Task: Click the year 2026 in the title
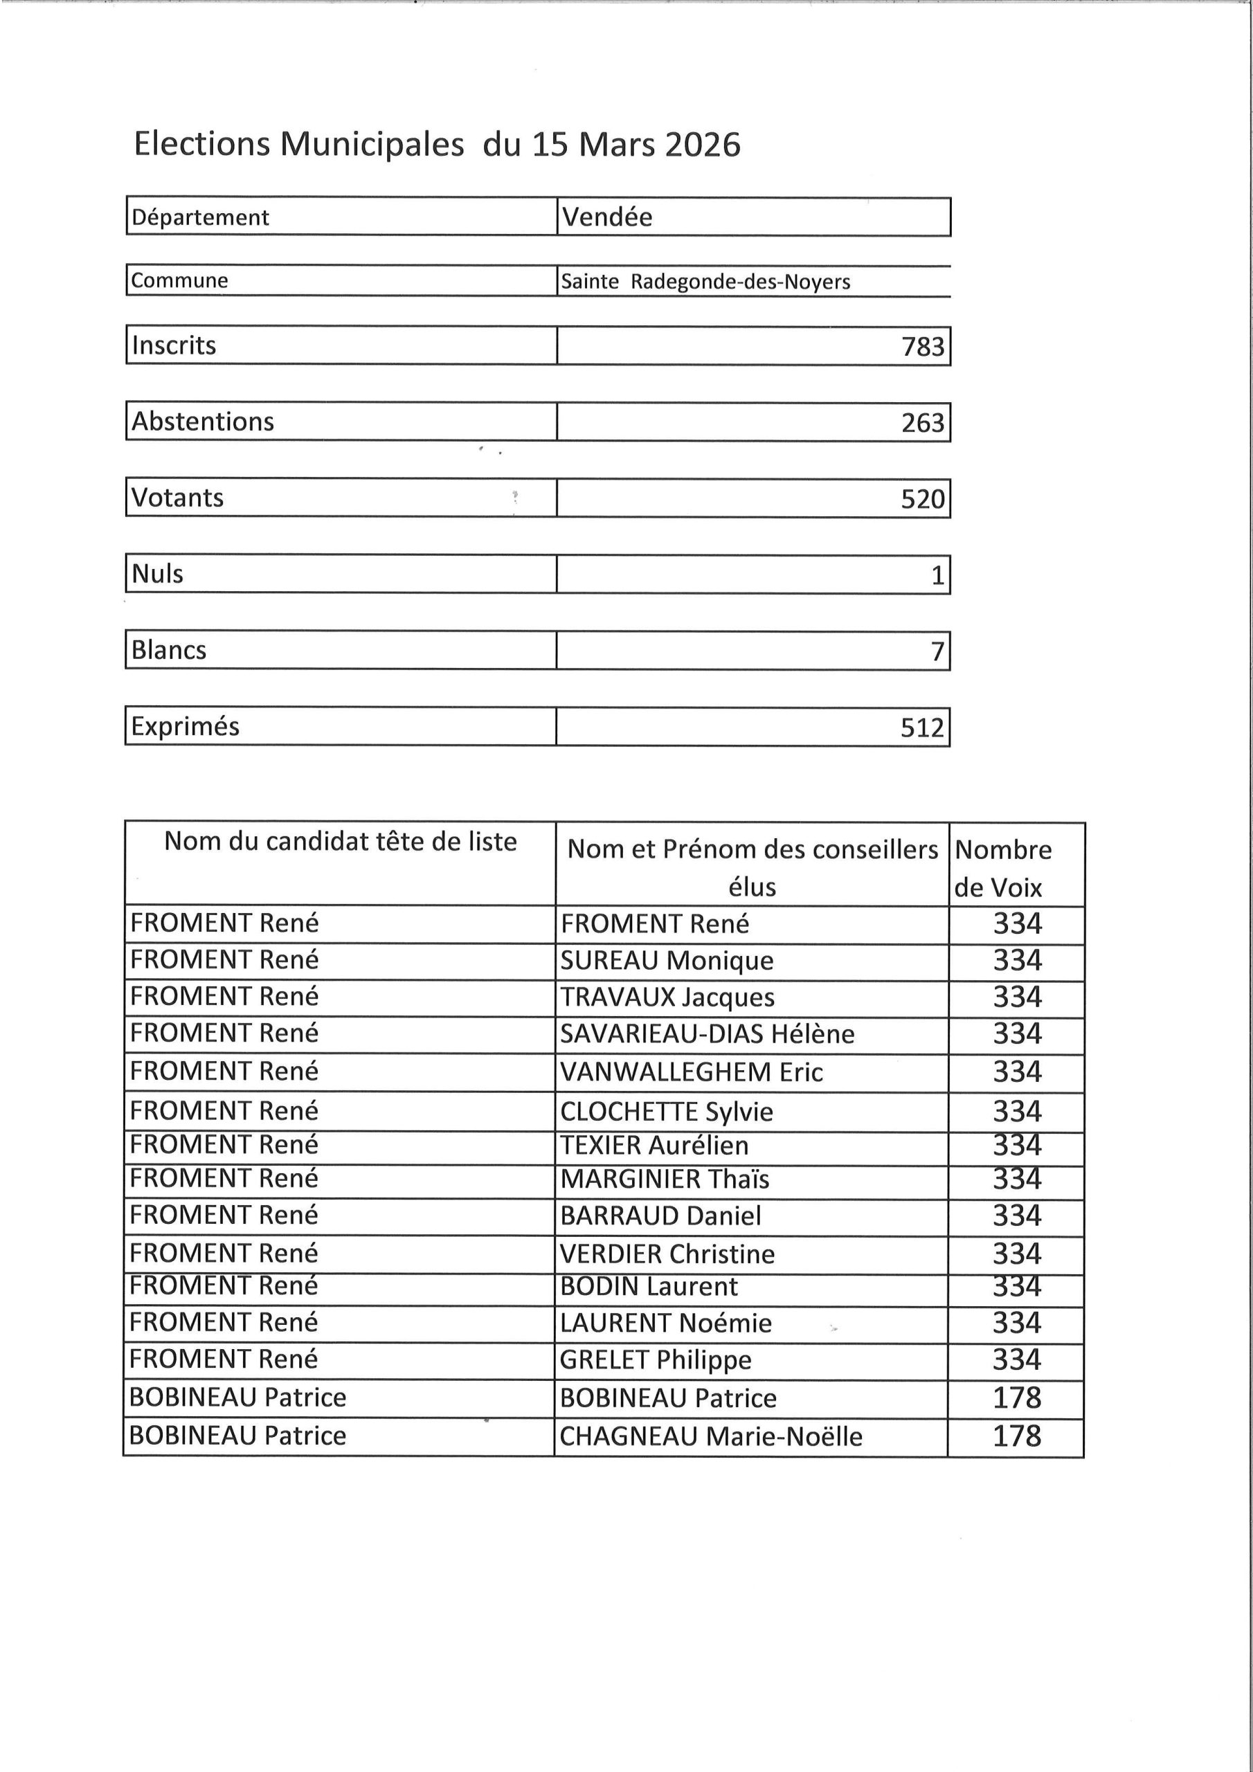[x=702, y=145]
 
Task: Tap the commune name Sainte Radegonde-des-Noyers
[x=705, y=282]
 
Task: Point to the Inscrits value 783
[x=923, y=347]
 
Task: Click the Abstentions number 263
[x=923, y=423]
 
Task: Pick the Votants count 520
[x=923, y=499]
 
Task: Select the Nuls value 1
[x=937, y=575]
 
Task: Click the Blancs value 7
[x=937, y=651]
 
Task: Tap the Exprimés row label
[x=186, y=726]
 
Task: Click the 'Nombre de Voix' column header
[x=1003, y=868]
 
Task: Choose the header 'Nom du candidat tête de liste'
[x=341, y=841]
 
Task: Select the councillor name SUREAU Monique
[x=667, y=961]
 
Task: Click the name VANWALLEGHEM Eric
[x=692, y=1072]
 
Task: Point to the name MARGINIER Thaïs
[x=665, y=1179]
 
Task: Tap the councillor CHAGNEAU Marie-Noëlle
[x=711, y=1436]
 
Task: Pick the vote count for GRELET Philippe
[x=1017, y=1360]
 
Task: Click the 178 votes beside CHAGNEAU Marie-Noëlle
[x=1017, y=1436]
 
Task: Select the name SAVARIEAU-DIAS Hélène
[x=707, y=1034]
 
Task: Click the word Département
[x=201, y=217]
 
